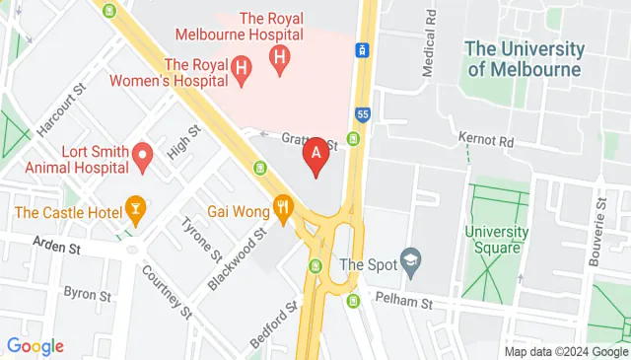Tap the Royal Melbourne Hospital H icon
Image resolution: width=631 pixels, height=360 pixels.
(x=280, y=59)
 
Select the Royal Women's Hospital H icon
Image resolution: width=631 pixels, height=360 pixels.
(x=243, y=68)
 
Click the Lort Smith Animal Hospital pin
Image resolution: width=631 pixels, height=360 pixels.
(x=142, y=155)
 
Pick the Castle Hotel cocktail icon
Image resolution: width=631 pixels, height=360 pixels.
(x=134, y=207)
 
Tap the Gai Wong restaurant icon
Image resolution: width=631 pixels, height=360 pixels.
(x=284, y=207)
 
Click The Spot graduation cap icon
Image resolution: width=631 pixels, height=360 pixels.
(x=411, y=262)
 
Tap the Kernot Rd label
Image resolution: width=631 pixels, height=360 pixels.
(x=486, y=141)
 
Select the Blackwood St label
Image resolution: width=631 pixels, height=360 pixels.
(x=238, y=260)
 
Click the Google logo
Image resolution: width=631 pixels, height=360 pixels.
(x=35, y=345)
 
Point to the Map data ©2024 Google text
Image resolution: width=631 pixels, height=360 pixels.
(x=566, y=352)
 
